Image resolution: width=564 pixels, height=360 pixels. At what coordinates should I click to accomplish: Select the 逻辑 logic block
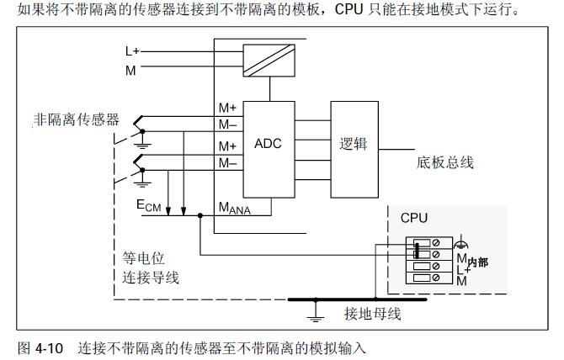(354, 143)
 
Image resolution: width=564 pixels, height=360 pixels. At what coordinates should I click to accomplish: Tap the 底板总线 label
(445, 162)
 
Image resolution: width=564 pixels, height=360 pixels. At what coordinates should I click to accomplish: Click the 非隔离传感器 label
(77, 120)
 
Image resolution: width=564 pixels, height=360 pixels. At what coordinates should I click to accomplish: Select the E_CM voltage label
(148, 204)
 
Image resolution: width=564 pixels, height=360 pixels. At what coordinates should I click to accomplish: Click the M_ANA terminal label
(235, 207)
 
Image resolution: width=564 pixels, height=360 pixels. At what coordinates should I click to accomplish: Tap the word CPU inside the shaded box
(413, 218)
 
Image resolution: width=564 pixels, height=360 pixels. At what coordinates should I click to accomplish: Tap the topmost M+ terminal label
(227, 109)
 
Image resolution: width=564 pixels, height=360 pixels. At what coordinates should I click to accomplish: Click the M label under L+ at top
(130, 70)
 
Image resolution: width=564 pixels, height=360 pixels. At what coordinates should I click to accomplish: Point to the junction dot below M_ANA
(200, 215)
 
